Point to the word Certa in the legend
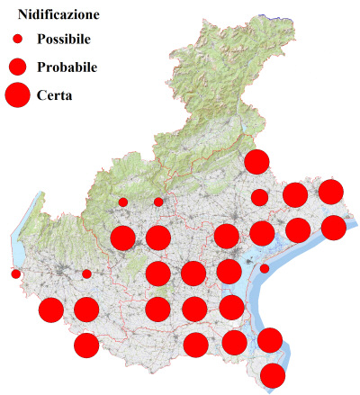click(x=55, y=94)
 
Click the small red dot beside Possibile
click(x=17, y=40)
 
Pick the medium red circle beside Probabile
click(x=17, y=67)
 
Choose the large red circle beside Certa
click(x=17, y=94)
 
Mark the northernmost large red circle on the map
click(x=256, y=162)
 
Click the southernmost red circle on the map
click(x=273, y=375)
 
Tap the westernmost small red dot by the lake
click(x=15, y=274)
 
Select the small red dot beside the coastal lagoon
click(x=265, y=268)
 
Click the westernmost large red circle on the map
click(x=51, y=310)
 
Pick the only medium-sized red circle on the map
click(x=259, y=197)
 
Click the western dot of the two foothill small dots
click(x=122, y=202)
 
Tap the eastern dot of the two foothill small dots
click(x=158, y=202)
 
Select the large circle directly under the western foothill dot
click(x=122, y=238)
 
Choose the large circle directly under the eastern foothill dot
click(x=158, y=238)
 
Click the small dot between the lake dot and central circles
click(x=86, y=274)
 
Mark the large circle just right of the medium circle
click(x=295, y=193)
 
